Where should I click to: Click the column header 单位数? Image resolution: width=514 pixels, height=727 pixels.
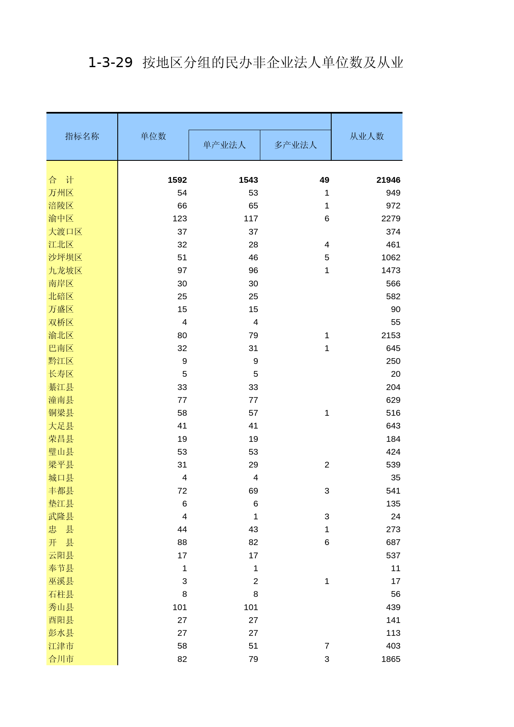153,136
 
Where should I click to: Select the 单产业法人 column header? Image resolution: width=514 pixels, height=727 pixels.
224,145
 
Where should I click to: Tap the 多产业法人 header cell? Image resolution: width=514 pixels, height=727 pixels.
296,145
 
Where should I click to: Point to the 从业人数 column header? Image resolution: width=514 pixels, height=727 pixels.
367,136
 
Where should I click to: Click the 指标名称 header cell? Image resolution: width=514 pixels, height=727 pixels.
82,136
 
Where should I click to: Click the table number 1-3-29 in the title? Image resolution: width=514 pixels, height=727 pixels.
110,63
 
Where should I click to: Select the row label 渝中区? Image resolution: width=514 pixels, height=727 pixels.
61,218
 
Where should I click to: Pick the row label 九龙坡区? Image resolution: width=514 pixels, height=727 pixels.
65,270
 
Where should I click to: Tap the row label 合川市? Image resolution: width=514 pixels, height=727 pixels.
61,659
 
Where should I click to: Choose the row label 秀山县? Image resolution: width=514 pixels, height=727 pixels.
61,607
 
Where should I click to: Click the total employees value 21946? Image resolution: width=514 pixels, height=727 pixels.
388,180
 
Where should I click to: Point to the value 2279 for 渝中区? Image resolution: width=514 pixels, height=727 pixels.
391,218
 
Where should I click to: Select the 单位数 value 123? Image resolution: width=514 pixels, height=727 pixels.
180,218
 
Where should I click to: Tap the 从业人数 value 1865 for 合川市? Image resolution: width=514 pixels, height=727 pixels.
391,659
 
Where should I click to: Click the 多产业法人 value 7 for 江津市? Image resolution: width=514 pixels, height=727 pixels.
327,646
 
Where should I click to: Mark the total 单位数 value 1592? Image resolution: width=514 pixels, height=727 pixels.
177,180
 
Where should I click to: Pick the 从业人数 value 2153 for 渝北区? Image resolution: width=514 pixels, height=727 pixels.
391,335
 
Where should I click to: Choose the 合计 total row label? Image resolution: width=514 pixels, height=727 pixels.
61,180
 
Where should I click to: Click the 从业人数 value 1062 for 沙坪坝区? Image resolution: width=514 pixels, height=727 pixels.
391,257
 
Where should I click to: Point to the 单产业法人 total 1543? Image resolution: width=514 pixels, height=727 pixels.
248,180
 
